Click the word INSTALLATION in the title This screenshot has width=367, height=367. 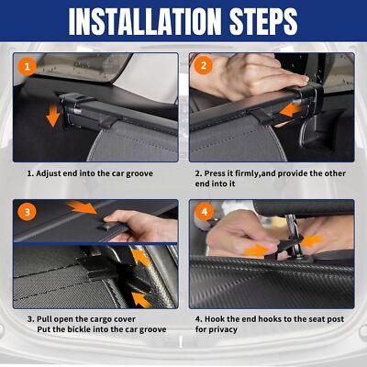click(x=145, y=21)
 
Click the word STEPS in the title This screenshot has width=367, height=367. click(x=263, y=21)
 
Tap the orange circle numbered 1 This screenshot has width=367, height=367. click(x=28, y=66)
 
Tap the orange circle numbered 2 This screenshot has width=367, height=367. click(x=204, y=65)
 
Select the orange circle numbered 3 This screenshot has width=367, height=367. click(x=27, y=212)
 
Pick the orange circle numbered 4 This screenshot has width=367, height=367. click(x=204, y=211)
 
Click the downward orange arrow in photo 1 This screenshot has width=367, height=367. click(x=53, y=115)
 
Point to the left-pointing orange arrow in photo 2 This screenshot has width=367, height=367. click(x=291, y=111)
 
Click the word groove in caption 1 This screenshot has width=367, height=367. click(x=139, y=174)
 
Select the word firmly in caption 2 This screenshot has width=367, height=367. click(x=247, y=173)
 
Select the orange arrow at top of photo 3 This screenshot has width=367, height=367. click(x=82, y=206)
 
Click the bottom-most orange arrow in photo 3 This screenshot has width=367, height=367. click(x=141, y=299)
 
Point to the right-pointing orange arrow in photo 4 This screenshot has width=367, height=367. click(x=257, y=250)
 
